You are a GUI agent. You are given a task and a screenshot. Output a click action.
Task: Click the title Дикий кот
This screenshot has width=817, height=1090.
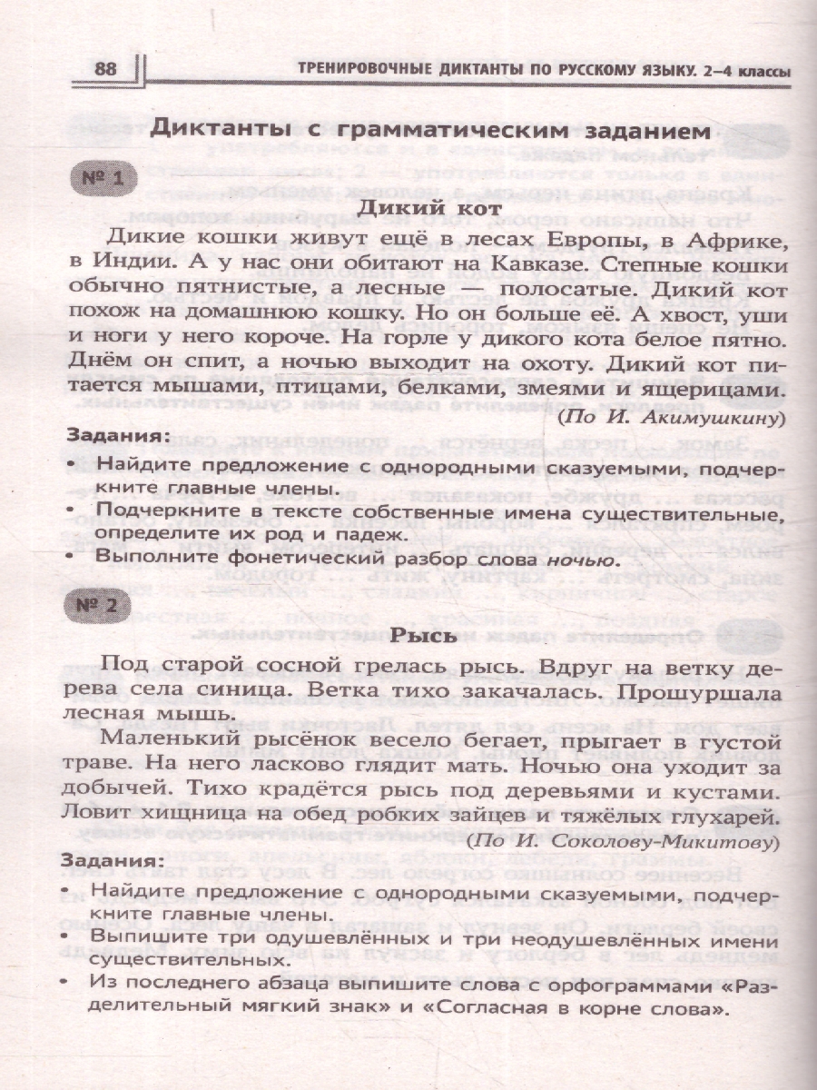pyautogui.click(x=431, y=209)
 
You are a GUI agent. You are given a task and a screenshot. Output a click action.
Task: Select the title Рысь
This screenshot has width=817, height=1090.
pyautogui.click(x=430, y=636)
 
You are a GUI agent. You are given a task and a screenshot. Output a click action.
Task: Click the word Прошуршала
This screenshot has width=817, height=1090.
pyautogui.click(x=675, y=690)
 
